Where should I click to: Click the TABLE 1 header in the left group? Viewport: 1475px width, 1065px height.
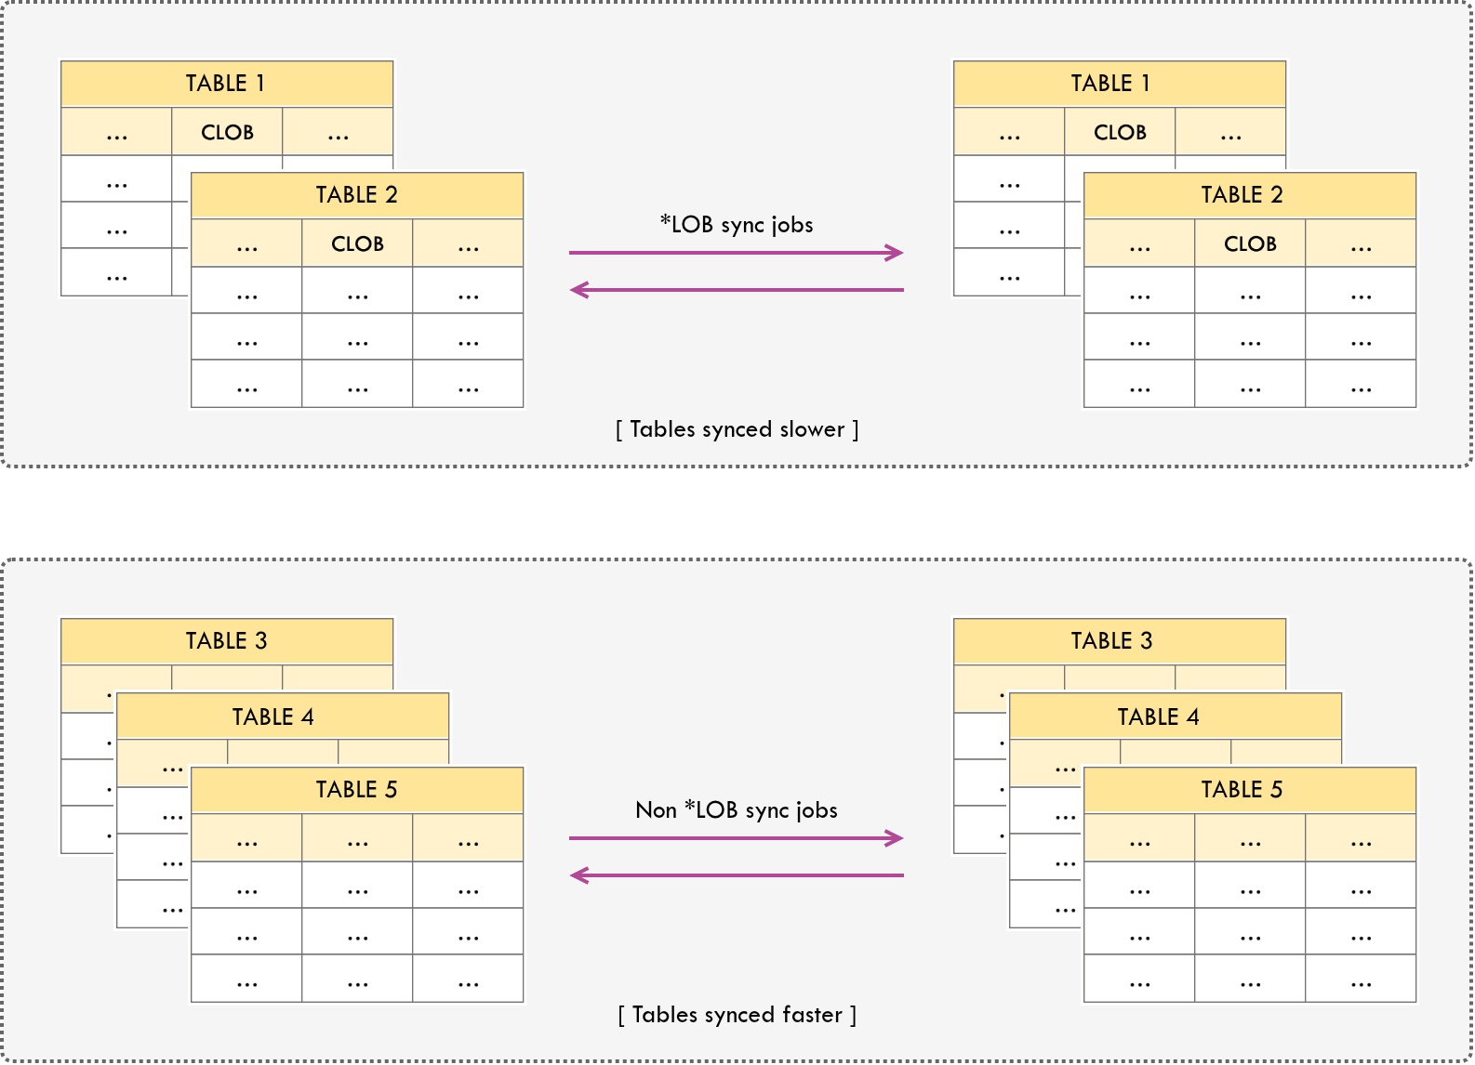click(x=226, y=84)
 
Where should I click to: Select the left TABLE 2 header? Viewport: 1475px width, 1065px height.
click(x=356, y=195)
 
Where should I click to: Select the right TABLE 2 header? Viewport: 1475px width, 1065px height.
click(x=1249, y=195)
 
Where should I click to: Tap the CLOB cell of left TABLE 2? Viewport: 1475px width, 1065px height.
click(x=357, y=243)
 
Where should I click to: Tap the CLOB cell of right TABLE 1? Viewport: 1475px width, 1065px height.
click(x=1120, y=132)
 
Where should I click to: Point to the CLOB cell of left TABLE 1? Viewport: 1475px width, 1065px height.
click(x=227, y=132)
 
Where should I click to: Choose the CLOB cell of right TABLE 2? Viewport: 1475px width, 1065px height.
click(x=1250, y=243)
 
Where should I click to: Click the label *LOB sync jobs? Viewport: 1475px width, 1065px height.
click(x=737, y=225)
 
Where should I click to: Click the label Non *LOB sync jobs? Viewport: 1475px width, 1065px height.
click(x=737, y=810)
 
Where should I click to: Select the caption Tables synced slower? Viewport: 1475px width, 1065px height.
click(x=737, y=429)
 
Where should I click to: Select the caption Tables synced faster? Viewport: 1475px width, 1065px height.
click(x=737, y=1015)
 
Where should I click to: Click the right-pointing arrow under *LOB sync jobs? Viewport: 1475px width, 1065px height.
click(x=737, y=253)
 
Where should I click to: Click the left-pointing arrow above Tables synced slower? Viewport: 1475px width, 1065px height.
click(x=737, y=290)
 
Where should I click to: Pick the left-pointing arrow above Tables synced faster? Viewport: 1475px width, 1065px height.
click(x=737, y=875)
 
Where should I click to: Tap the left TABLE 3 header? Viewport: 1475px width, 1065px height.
click(x=226, y=641)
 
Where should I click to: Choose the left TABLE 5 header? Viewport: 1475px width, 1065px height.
click(x=356, y=790)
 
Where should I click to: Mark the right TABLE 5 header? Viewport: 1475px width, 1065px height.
click(x=1249, y=790)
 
